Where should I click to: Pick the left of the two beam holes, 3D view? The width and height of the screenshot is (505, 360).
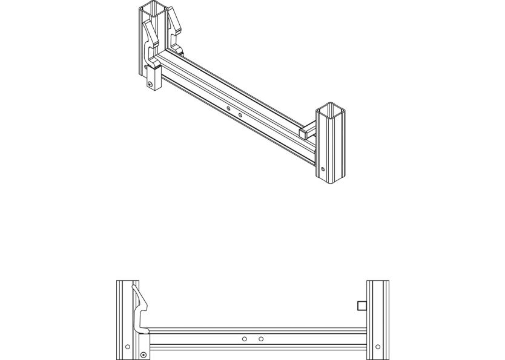(228, 109)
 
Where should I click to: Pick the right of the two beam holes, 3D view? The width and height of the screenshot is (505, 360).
(240, 114)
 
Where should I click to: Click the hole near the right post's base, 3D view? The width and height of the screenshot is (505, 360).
(323, 169)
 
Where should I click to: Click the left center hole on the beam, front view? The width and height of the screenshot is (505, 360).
(244, 339)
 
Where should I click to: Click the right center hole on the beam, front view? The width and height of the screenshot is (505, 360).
(260, 339)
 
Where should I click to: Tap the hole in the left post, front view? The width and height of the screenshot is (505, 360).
(127, 347)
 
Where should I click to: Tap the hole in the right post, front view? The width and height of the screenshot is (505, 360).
(378, 347)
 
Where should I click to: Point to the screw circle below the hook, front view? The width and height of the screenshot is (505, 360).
(143, 354)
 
